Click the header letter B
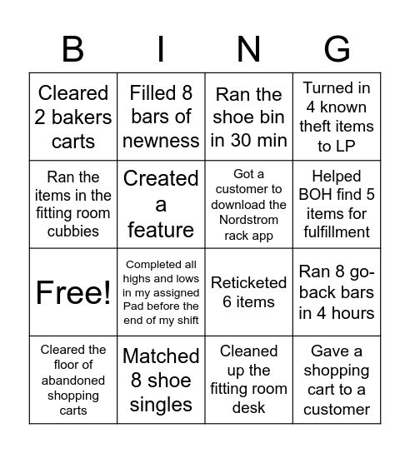[73, 50]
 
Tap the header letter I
[161, 50]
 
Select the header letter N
[248, 50]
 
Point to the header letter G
[336, 50]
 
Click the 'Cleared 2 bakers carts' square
[73, 117]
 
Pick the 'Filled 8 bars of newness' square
[161, 117]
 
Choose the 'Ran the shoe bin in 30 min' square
[248, 117]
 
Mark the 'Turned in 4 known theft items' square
[336, 117]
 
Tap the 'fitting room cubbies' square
[73, 205]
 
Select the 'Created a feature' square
[161, 205]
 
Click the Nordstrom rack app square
[248, 205]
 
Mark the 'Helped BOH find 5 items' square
[336, 205]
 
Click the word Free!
[73, 292]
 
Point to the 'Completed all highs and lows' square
[161, 292]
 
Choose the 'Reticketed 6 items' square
[248, 292]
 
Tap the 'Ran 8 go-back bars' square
[336, 292]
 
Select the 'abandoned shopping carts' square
[73, 380]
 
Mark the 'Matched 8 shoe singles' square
[161, 380]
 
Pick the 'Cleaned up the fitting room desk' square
[248, 380]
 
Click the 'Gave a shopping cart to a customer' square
[336, 380]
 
